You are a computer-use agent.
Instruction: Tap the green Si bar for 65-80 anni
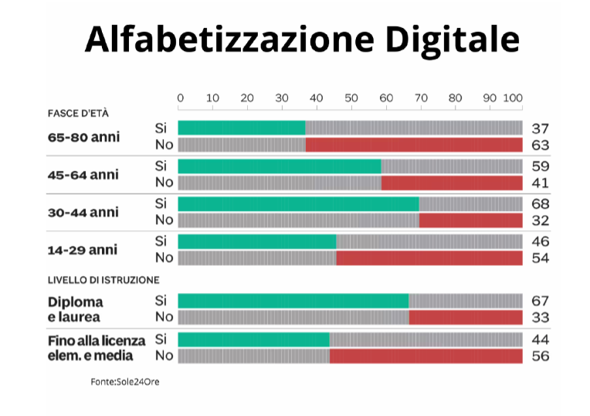[x=241, y=128]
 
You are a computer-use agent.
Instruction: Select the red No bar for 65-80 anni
[x=414, y=145]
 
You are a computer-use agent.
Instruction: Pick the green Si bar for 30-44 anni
[x=298, y=203]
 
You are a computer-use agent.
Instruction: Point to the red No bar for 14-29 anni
[x=429, y=257]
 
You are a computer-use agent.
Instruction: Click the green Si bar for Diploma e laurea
[x=293, y=301]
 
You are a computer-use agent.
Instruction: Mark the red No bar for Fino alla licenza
[x=426, y=356]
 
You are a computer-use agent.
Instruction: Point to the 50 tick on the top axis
[x=351, y=98]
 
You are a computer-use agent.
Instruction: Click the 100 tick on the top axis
[x=513, y=98]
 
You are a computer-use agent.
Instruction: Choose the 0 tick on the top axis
[x=180, y=98]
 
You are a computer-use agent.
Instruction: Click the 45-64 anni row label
[x=83, y=175]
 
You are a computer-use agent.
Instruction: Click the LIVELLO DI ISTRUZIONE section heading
[x=103, y=279]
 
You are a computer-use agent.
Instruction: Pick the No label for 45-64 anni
[x=164, y=182]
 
